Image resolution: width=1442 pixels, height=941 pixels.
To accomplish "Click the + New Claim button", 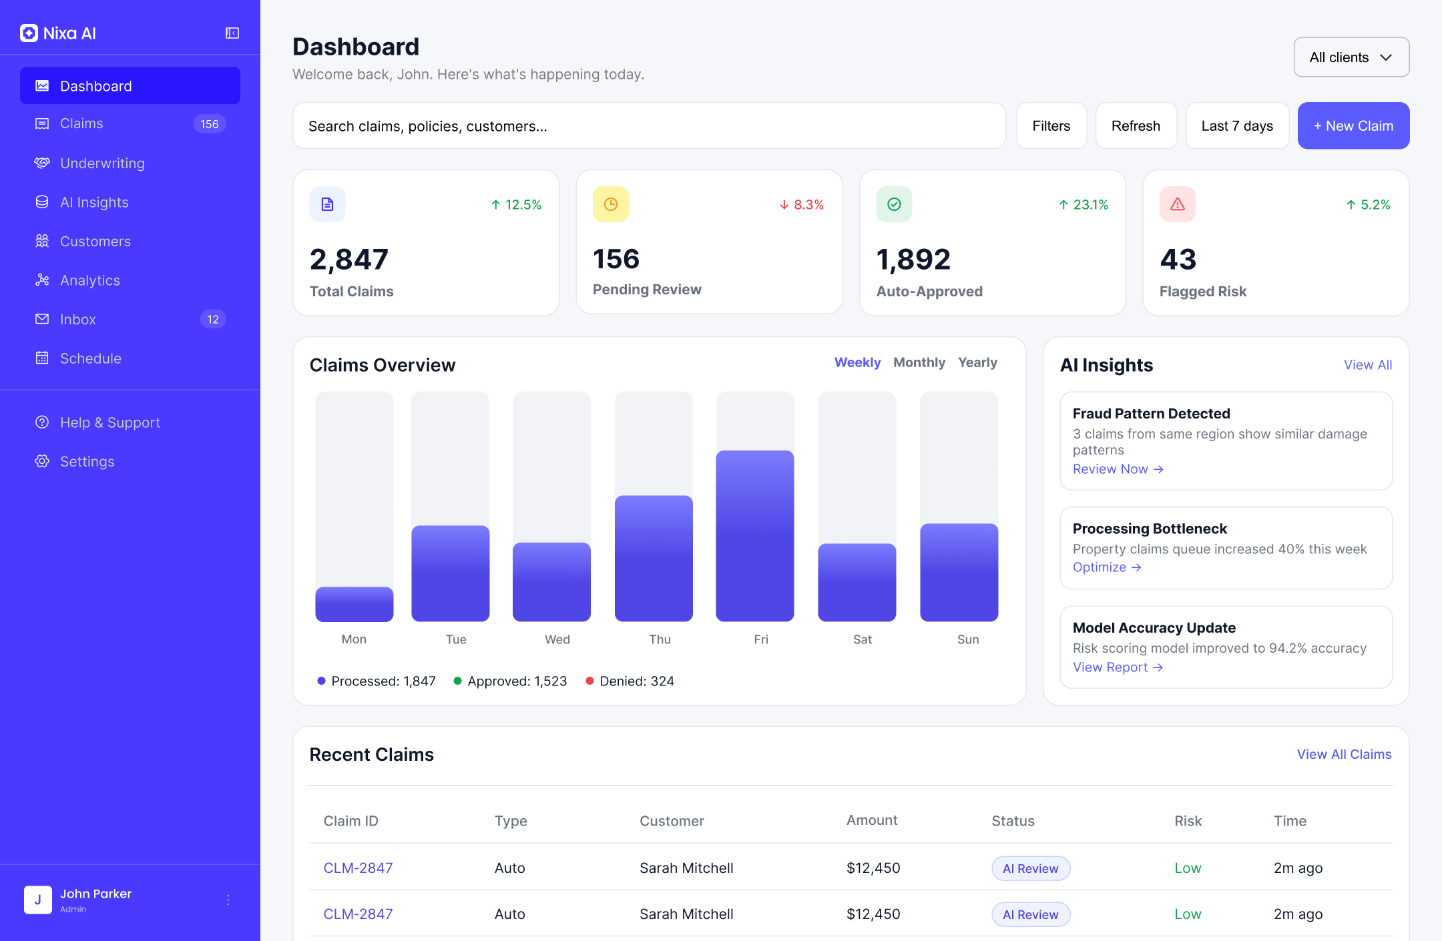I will coord(1353,125).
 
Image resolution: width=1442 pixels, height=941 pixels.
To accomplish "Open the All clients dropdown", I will coord(1351,57).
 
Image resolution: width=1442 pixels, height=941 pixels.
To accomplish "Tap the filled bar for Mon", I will coord(354,604).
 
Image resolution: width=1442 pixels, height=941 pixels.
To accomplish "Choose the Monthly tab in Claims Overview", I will coord(919,362).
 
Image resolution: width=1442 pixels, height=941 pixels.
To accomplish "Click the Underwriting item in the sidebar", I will coord(102,164).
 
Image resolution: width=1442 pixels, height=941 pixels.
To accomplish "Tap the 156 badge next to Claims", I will coord(210,124).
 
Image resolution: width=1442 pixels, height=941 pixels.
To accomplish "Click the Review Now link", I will coord(1118,469).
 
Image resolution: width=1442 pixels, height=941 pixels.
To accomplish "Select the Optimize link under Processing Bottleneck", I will coord(1106,567).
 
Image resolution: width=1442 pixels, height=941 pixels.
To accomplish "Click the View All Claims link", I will coord(1344,754).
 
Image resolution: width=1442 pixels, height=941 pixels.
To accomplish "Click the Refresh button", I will coord(1136,125).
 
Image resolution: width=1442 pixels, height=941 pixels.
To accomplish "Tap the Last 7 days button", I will coord(1236,125).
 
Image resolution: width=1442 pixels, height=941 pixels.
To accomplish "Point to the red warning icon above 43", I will coord(1177,204).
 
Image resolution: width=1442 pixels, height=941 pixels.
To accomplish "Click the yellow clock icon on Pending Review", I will coord(610,204).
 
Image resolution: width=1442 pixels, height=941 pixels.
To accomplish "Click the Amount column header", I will coord(871,820).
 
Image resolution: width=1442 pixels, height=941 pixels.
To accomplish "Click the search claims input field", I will coord(649,125).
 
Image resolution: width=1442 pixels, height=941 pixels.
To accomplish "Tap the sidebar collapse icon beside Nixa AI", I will coord(232,33).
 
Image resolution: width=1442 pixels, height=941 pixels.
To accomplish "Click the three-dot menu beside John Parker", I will coord(228,900).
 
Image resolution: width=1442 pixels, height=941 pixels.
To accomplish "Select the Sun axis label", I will coord(967,639).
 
